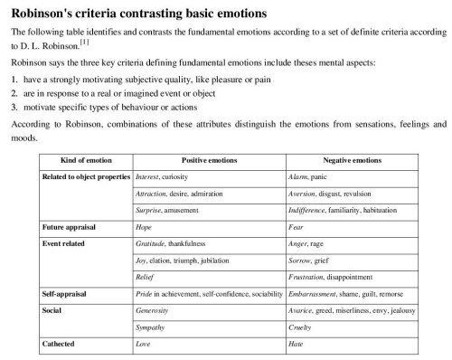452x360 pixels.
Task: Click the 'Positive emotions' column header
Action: [x=209, y=159]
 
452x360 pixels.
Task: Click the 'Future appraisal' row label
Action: [x=71, y=226]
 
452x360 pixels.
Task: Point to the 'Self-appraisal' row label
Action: [x=66, y=295]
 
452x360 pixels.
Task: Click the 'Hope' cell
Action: [x=143, y=226]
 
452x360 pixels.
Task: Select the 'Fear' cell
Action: [x=297, y=226]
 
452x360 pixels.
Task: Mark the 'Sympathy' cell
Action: [x=150, y=327]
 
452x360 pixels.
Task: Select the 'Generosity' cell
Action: [x=152, y=311]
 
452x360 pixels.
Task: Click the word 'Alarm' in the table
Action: [x=298, y=176]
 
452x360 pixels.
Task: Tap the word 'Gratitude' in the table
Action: [x=151, y=243]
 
